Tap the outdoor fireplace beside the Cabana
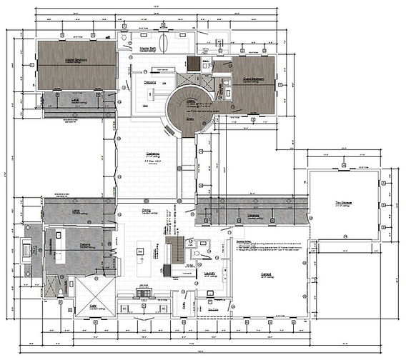click(29, 250)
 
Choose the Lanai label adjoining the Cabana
click(76, 211)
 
